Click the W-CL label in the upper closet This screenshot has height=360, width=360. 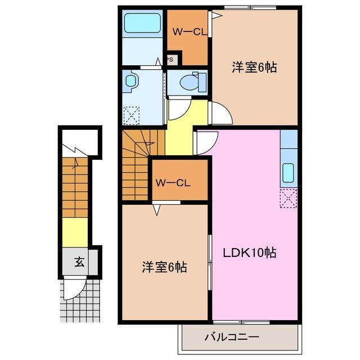(x=187, y=31)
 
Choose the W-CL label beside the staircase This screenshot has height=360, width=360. (x=173, y=182)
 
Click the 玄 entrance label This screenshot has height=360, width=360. (x=80, y=262)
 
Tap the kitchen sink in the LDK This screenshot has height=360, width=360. (x=289, y=172)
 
